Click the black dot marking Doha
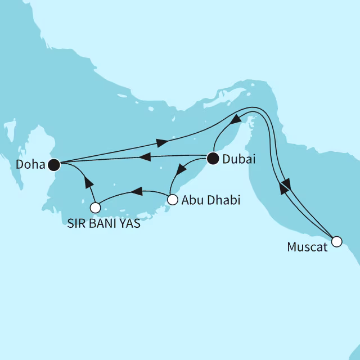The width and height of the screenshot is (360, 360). [x=53, y=164]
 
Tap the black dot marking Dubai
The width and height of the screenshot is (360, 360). [x=213, y=159]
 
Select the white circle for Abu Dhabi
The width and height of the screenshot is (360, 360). [x=173, y=199]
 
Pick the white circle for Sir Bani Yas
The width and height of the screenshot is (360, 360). [x=96, y=208]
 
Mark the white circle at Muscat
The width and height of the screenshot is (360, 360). [x=336, y=242]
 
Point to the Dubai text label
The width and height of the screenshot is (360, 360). [x=238, y=160]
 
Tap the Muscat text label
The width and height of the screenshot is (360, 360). [x=307, y=247]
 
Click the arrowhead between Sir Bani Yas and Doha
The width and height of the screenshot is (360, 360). [x=87, y=181]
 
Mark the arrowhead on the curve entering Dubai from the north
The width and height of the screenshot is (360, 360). [x=238, y=119]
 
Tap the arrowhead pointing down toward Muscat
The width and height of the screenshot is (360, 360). [x=286, y=183]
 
